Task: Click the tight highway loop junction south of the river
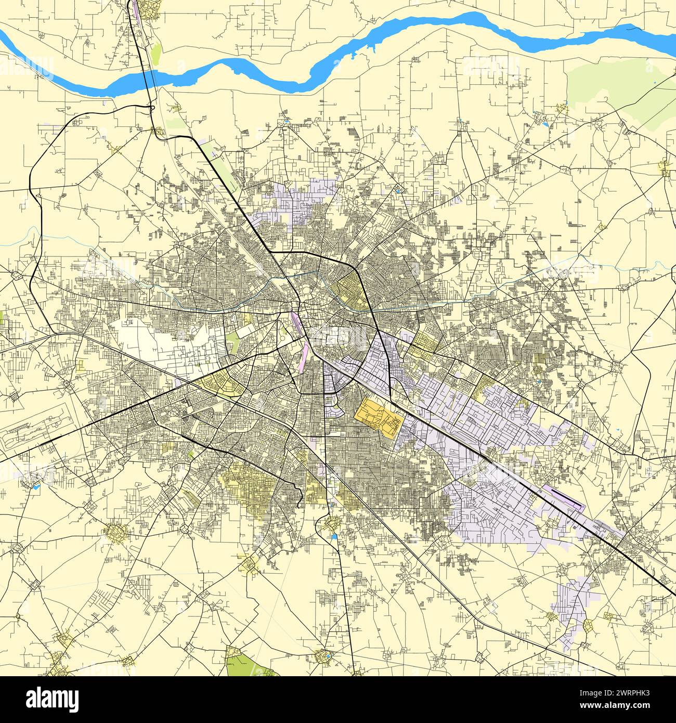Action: [152, 108]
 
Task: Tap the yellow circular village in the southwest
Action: [115, 533]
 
